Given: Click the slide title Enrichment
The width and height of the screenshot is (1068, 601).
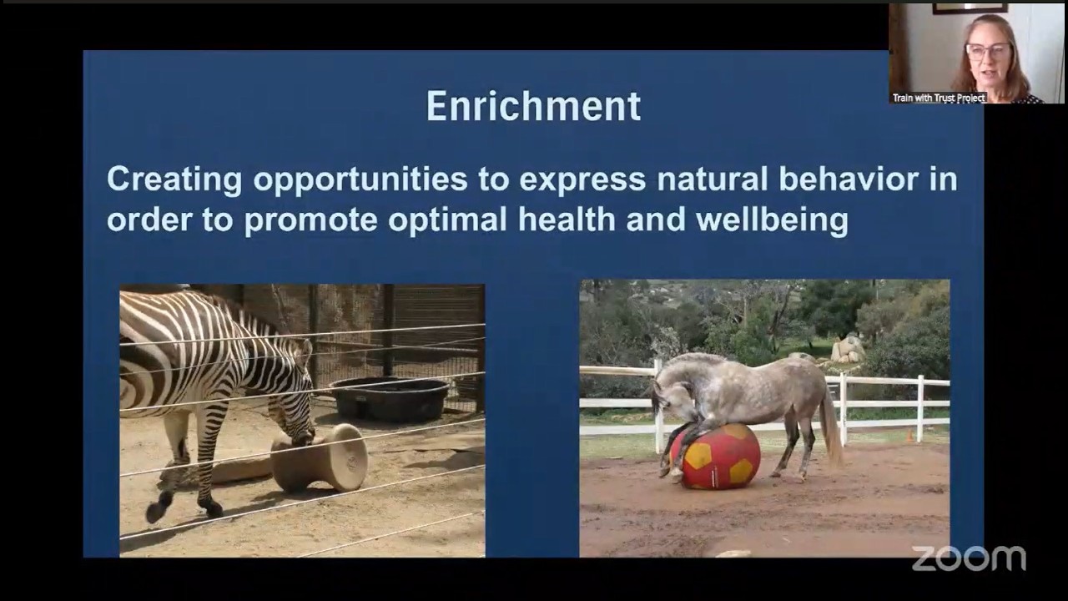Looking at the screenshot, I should coord(533,107).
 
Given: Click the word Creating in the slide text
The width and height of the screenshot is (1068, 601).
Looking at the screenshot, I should coord(174,179).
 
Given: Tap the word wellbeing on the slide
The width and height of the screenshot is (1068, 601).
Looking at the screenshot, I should coord(771,220).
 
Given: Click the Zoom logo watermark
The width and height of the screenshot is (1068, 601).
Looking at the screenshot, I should coord(968,558).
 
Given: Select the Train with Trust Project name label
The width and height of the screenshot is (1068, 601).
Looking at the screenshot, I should coord(939,98).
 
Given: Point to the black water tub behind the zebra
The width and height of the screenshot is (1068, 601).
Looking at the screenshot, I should coord(390,398).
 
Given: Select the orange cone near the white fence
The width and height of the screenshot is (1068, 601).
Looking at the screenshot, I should coord(909,435).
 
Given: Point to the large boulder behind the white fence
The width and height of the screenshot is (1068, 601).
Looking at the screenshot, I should coord(849,347).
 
